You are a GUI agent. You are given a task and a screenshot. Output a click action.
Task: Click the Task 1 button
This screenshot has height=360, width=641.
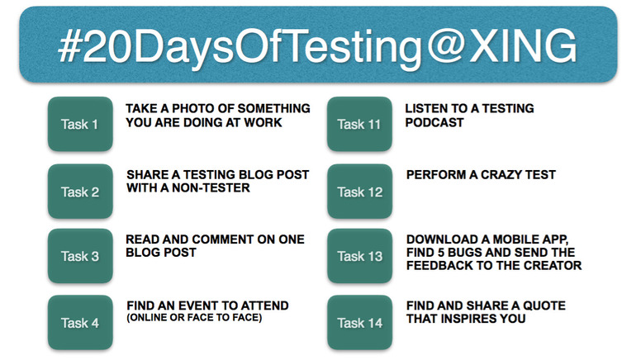pos(80,124)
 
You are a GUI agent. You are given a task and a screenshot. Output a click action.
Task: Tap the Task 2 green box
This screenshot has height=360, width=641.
pos(80,192)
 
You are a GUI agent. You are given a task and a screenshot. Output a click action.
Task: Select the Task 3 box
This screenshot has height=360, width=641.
pos(80,256)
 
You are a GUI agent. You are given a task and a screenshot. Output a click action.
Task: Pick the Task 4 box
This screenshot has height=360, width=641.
pos(80,322)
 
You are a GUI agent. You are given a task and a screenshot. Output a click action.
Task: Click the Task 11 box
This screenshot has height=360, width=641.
pos(360,124)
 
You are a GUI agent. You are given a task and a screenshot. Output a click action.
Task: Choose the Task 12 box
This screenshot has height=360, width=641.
pos(360,192)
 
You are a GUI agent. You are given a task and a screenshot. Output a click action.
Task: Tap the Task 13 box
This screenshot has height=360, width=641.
pos(360,256)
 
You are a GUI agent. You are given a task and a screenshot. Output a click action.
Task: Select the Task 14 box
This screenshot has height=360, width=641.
pos(360,322)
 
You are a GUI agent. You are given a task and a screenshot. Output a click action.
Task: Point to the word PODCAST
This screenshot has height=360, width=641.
pos(434,122)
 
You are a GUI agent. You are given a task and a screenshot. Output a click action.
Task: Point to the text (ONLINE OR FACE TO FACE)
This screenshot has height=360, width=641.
pos(194,318)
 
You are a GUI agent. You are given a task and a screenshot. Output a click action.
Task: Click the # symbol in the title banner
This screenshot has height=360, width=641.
pos(69,45)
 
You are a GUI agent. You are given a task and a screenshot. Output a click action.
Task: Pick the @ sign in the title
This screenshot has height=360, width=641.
pos(446,47)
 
